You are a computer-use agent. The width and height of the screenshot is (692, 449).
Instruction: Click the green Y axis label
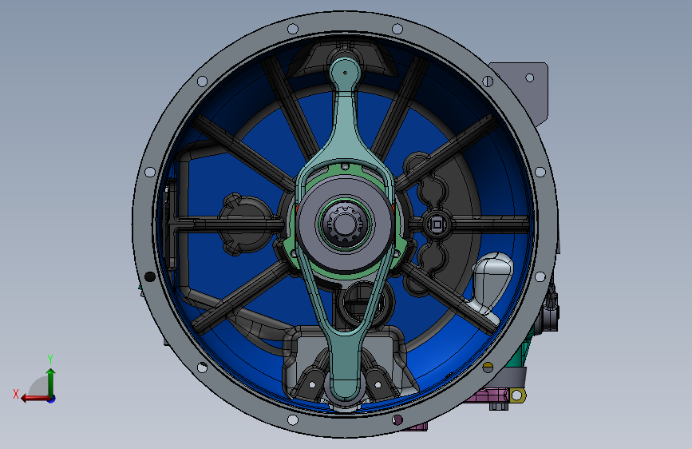(50, 359)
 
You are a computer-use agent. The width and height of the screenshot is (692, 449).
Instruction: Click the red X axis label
(16, 394)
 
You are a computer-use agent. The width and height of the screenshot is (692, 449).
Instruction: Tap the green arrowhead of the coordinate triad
(51, 373)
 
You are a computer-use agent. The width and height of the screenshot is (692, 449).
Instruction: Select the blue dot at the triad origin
(52, 399)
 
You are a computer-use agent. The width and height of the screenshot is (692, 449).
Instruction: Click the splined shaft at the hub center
(346, 224)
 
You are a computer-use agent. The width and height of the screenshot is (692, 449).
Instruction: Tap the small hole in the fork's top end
(345, 73)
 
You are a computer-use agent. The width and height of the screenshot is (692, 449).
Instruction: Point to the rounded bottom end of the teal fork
(345, 390)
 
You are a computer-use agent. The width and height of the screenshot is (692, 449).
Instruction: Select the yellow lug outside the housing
(518, 395)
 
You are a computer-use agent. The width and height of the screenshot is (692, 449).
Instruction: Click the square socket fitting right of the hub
(437, 224)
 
